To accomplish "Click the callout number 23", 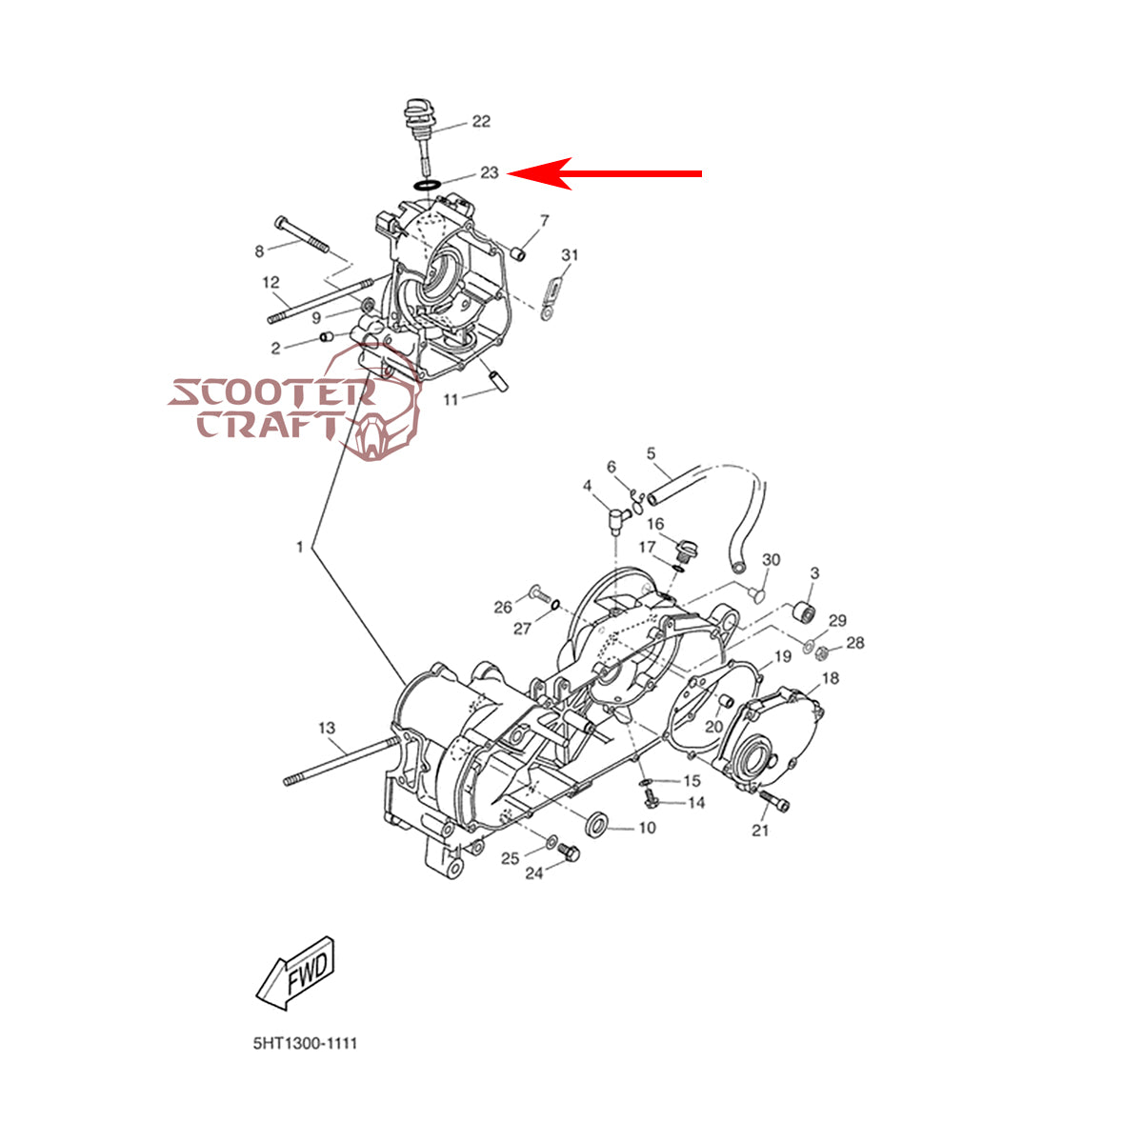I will click(x=489, y=172).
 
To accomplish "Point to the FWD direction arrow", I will click(x=296, y=972).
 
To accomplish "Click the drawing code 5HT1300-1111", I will click(x=305, y=1044).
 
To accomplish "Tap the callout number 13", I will click(x=327, y=728).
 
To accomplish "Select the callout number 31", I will click(x=570, y=255).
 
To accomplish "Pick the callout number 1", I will click(x=300, y=547).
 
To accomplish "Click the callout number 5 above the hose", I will click(x=652, y=453).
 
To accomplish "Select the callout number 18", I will click(x=831, y=678).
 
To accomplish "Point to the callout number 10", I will click(x=647, y=828).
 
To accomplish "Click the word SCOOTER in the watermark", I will click(x=271, y=392).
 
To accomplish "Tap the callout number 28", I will click(x=855, y=643).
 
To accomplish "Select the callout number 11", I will click(x=451, y=399).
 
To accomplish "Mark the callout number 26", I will click(x=502, y=607).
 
